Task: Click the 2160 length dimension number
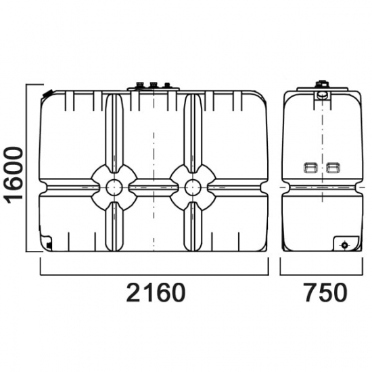(156, 292)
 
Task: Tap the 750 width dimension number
(326, 292)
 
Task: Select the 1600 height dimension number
(14, 175)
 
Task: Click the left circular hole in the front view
(114, 187)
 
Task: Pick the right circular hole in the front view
(193, 187)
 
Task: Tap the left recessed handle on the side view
(310, 168)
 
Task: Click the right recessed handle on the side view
(333, 168)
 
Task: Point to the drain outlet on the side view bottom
(344, 245)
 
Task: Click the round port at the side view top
(322, 95)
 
